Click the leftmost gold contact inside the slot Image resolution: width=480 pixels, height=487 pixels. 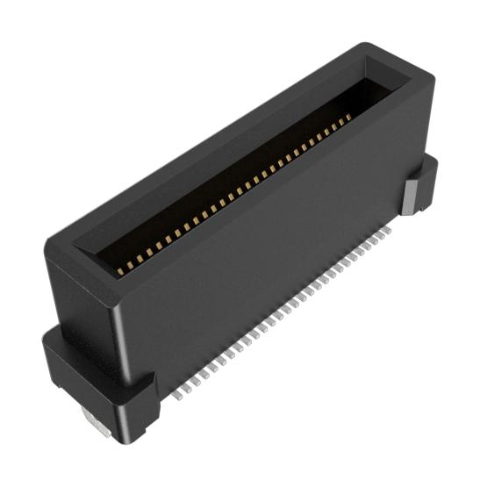120,272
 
